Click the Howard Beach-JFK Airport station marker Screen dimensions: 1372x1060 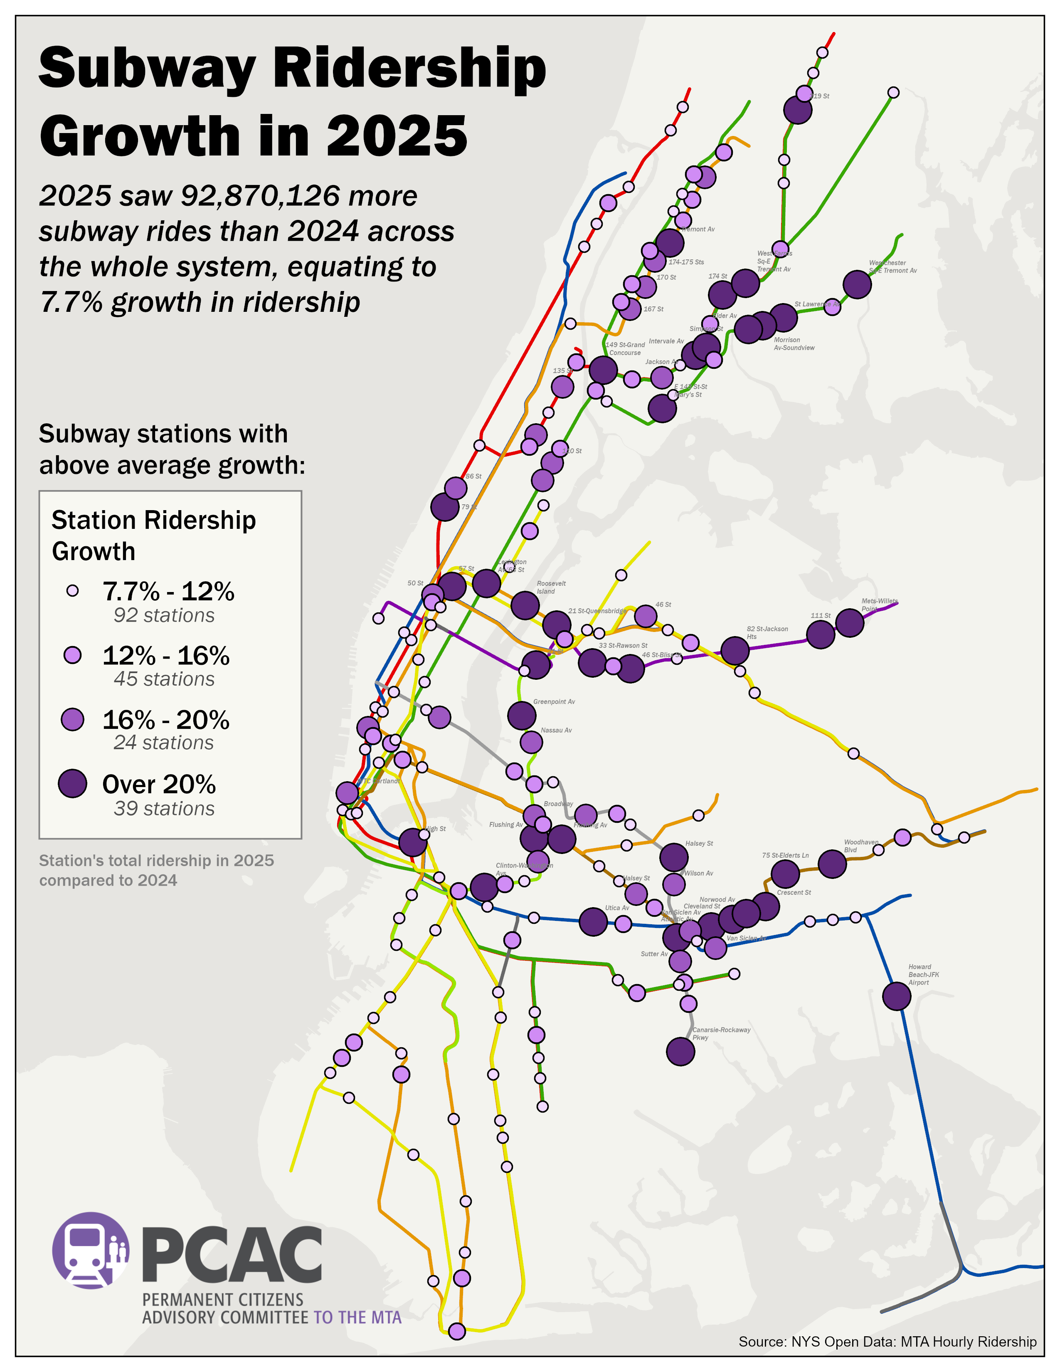click(896, 996)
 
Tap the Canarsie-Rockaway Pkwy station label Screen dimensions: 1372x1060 click(720, 1034)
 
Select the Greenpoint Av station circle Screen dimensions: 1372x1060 click(521, 715)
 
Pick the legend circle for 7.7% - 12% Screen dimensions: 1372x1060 click(73, 590)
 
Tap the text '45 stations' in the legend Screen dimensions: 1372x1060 click(164, 679)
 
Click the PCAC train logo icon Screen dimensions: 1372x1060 click(91, 1250)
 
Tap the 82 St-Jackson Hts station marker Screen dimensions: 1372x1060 click(735, 650)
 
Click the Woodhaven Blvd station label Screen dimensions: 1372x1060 click(860, 846)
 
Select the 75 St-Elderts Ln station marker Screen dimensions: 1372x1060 click(784, 873)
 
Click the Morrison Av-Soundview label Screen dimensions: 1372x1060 click(793, 344)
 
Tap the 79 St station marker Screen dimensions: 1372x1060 click(445, 506)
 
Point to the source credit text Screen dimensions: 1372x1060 click(887, 1341)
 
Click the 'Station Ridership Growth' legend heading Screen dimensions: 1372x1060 click(153, 535)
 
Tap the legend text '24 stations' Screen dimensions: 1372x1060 click(164, 743)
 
